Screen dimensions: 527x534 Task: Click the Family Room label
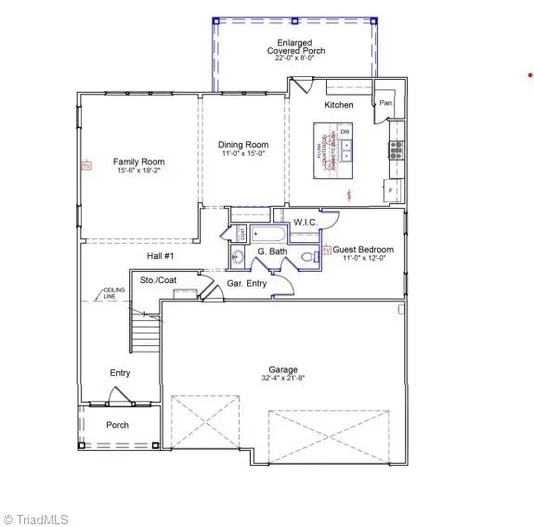[139, 161]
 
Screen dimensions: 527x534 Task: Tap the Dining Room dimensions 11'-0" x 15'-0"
[243, 154]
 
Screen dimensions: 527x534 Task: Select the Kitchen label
[339, 105]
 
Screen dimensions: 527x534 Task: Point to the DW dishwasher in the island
[345, 133]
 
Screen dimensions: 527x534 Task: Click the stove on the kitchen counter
[395, 147]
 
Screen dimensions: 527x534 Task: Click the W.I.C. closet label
[306, 222]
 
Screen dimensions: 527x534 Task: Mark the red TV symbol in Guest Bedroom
[327, 251]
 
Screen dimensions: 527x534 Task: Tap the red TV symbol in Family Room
[86, 167]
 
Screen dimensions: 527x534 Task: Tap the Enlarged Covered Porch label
[294, 46]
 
